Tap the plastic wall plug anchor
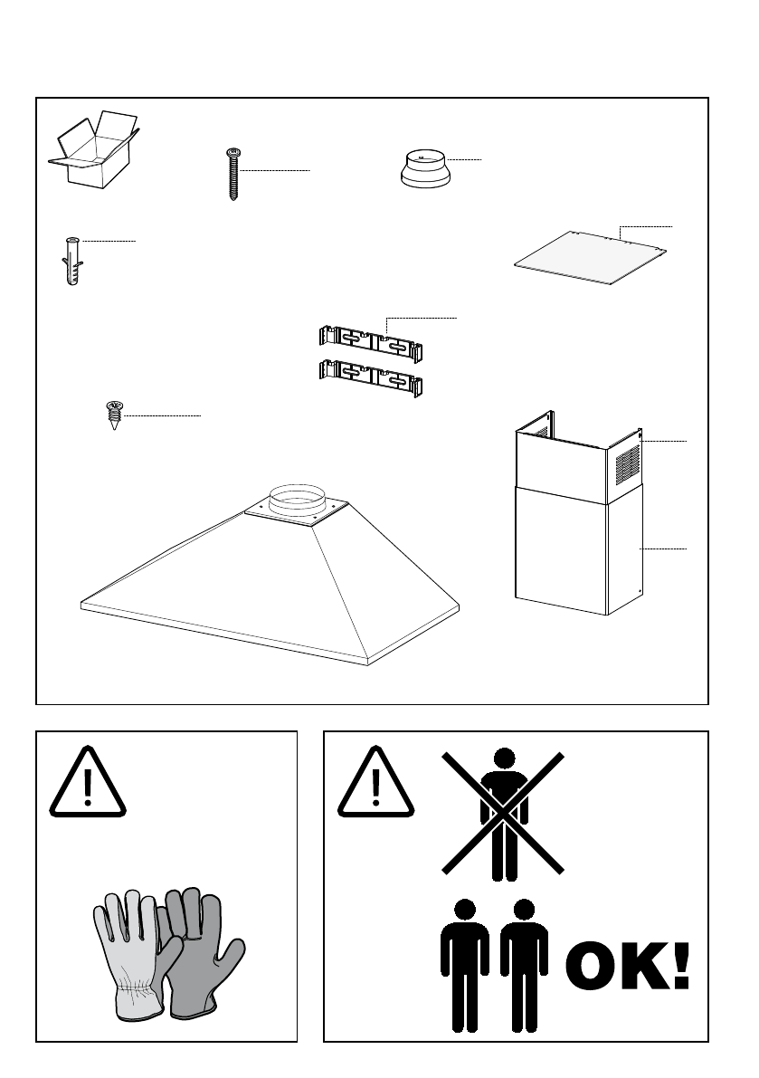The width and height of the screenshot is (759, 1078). pos(72,260)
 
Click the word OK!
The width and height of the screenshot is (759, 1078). pos(628,967)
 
